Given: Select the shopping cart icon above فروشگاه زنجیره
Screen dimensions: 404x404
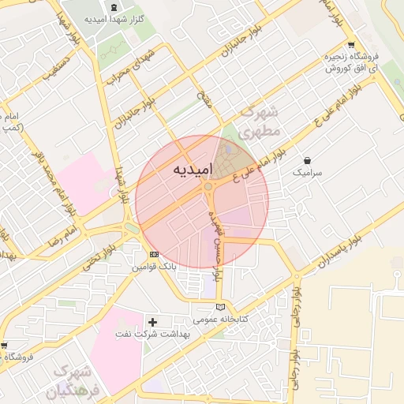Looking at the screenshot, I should tap(350, 45).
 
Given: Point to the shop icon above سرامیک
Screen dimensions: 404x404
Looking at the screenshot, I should tap(306, 160).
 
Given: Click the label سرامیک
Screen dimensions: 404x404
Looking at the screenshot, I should tap(307, 171).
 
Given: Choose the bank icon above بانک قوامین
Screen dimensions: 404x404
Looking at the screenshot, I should tap(154, 255).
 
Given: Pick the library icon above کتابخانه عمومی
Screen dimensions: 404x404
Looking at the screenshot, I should tap(220, 307).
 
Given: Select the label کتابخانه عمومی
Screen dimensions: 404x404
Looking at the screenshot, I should tap(221, 319).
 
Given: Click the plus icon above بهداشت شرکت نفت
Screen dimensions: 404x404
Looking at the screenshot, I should tap(153, 322).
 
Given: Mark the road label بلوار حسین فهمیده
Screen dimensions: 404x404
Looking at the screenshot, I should tap(217, 234).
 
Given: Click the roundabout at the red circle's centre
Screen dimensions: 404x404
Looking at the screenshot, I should tap(210, 189).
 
